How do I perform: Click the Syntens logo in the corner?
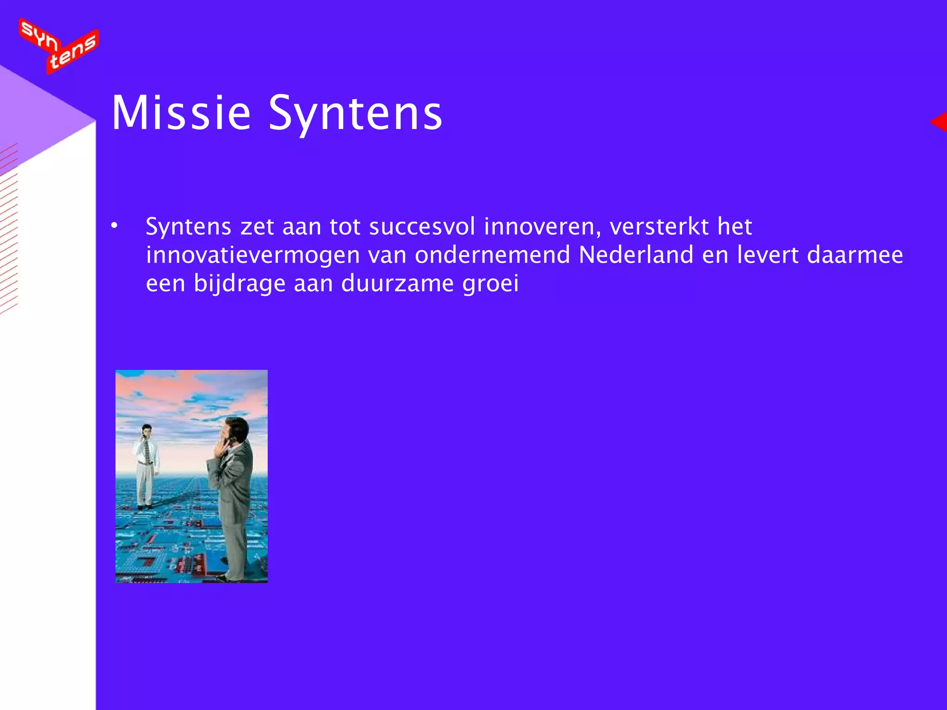point(59,45)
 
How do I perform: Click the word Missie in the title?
point(181,113)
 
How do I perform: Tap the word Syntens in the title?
point(355,113)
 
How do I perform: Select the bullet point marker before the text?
point(114,226)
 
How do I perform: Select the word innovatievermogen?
point(253,255)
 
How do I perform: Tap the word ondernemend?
point(492,255)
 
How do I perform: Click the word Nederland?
point(636,255)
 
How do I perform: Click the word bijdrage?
point(240,283)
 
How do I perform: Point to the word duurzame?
point(397,283)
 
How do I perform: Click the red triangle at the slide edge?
point(940,122)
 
